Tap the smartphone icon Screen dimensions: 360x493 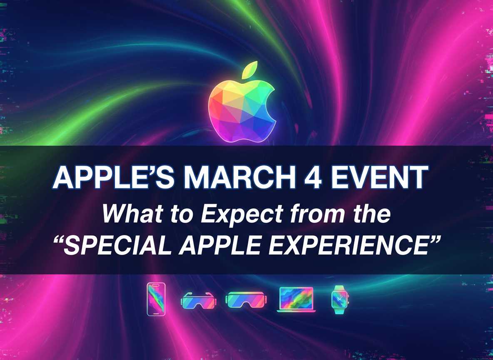156,299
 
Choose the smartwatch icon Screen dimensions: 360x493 340,300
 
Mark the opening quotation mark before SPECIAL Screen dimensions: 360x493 60,243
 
